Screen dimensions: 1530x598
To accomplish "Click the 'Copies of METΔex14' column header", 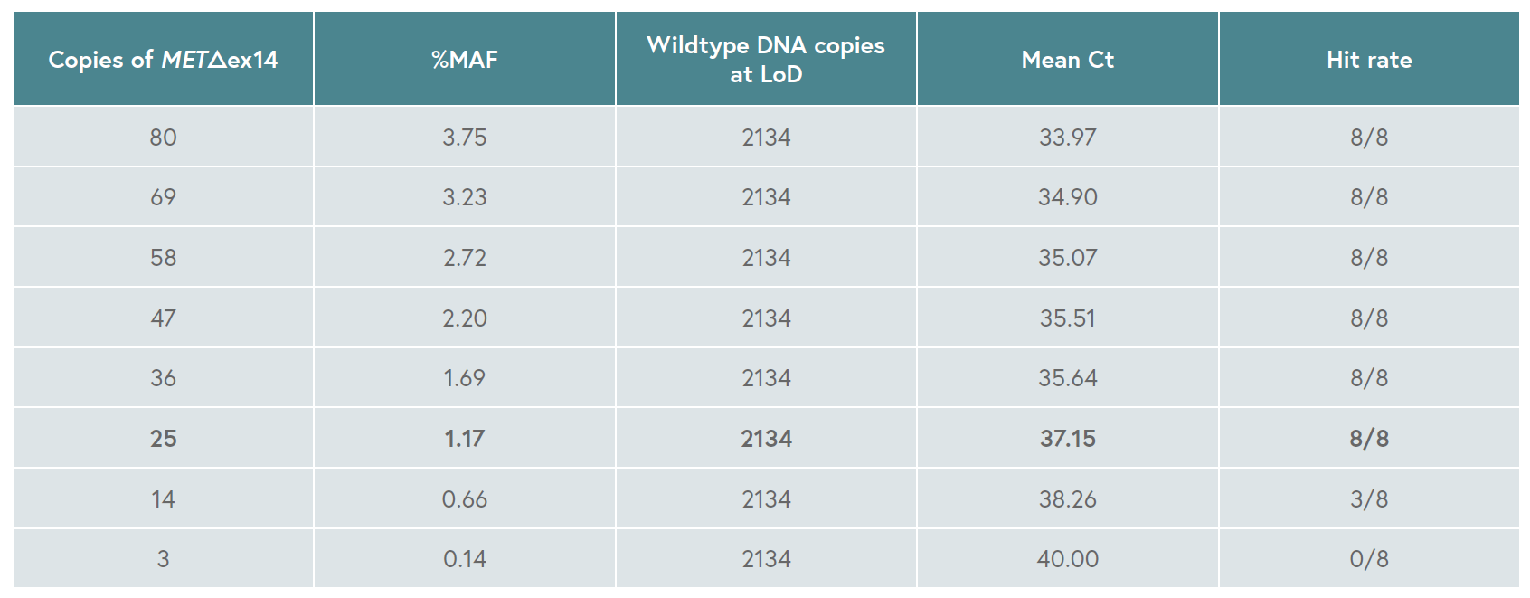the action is click(x=164, y=60).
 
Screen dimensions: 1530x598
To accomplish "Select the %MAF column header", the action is click(x=465, y=60).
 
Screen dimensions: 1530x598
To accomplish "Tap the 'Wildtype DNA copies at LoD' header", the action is click(x=766, y=60).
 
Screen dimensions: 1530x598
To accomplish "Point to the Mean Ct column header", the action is click(x=1068, y=60).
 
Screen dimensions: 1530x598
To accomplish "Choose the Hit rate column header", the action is click(x=1369, y=60).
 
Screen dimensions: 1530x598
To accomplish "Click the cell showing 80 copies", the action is click(x=164, y=138).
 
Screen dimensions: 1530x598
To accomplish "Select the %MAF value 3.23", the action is click(x=465, y=197).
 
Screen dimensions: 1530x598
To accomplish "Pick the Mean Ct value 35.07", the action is click(x=1068, y=258).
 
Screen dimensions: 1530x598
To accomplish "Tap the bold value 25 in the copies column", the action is click(x=164, y=439).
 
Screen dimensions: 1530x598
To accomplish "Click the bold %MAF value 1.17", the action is click(x=465, y=439).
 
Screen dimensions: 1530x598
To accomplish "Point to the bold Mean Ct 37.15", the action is click(x=1068, y=439).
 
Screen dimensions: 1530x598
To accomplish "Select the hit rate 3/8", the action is click(x=1369, y=498).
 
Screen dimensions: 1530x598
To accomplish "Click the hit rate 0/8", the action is click(x=1369, y=559).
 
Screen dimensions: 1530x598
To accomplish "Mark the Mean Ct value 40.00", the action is click(x=1068, y=559).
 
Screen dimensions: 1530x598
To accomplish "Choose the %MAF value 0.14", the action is click(x=465, y=559).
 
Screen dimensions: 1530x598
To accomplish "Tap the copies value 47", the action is click(x=164, y=318).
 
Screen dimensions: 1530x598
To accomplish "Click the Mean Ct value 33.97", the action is click(x=1068, y=138).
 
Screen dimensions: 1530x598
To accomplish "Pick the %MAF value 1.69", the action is click(x=465, y=378).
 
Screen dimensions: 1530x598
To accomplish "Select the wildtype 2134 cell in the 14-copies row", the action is click(x=766, y=498).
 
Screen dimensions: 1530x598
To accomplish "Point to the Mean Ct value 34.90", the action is click(x=1068, y=197).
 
